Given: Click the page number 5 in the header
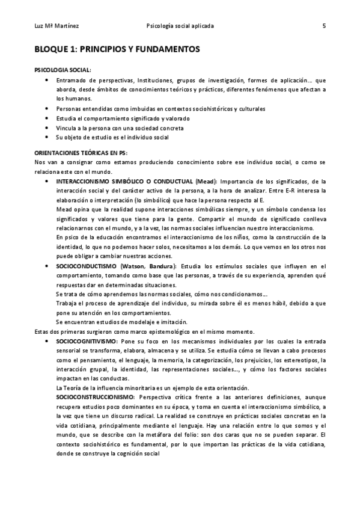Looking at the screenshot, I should point(324,26).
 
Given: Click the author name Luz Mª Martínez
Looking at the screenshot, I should point(53,26).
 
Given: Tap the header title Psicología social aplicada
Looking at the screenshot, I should point(180,26).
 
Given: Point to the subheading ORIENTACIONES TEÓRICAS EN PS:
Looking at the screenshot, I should point(81,153).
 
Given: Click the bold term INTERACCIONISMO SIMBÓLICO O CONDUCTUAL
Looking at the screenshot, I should point(124,181).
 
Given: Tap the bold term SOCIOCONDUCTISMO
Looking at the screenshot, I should point(87,266).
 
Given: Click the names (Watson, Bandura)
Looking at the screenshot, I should point(147,266).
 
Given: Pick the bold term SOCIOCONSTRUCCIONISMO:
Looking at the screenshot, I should point(94,398).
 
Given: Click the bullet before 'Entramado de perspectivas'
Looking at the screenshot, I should point(47,80).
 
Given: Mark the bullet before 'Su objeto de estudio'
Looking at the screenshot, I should point(47,137).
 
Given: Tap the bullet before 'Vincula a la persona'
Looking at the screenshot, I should point(47,127).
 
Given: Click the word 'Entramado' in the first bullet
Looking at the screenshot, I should point(72,80).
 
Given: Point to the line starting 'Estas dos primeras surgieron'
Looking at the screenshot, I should point(145,331).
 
